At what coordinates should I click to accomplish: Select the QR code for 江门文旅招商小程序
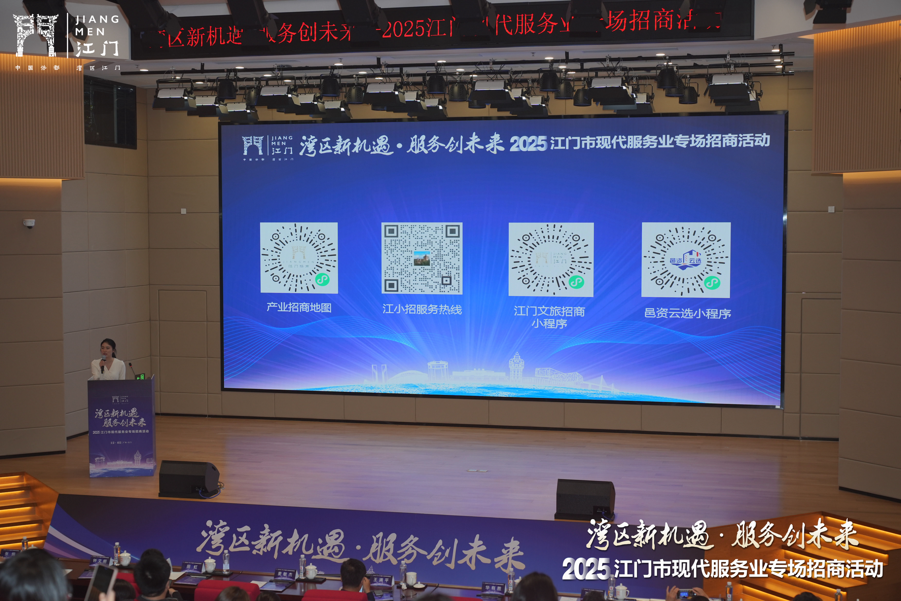pos(551,259)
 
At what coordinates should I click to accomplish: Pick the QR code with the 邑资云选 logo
pos(686,260)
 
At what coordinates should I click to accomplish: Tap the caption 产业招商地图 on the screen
pos(299,307)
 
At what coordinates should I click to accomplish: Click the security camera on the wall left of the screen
pos(29,223)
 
